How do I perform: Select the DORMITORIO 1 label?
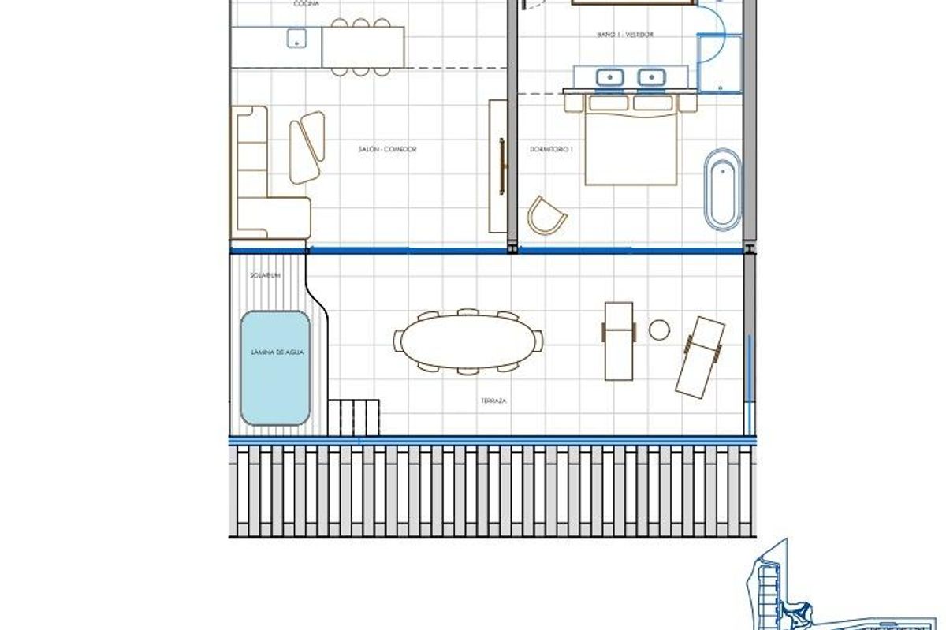click(551, 149)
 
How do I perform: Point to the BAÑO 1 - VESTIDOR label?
click(626, 35)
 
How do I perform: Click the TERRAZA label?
click(493, 401)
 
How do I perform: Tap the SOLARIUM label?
click(265, 276)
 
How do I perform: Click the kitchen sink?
click(297, 36)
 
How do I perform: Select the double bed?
click(631, 146)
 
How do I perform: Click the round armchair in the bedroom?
click(546, 214)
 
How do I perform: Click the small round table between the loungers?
click(659, 330)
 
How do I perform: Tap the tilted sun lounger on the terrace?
click(700, 356)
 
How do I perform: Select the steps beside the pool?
click(353, 416)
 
